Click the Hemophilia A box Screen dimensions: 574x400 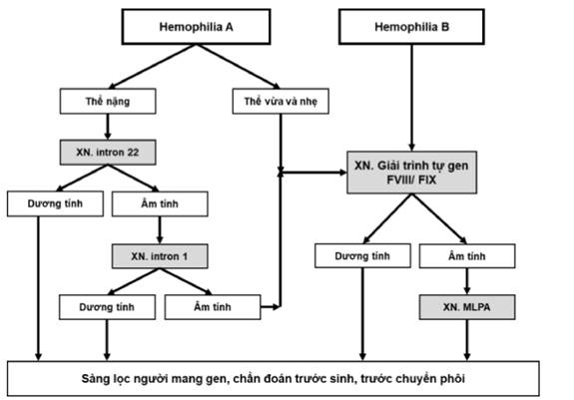[197, 27]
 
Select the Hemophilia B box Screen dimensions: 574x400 [411, 27]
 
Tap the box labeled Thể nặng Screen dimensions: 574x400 [108, 101]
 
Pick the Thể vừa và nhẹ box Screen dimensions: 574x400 [281, 101]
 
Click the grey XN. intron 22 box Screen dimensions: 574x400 [108, 152]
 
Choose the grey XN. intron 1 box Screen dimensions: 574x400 [160, 256]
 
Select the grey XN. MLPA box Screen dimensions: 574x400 [467, 307]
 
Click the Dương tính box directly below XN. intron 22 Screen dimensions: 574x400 [55, 203]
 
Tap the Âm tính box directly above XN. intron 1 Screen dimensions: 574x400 [160, 203]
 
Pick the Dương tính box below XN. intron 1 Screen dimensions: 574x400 [107, 307]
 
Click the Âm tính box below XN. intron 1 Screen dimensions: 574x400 [213, 307]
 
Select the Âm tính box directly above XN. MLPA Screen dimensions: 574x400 [467, 256]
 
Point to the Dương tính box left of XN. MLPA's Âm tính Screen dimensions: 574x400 [362, 256]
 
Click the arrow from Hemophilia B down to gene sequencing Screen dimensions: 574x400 [411, 98]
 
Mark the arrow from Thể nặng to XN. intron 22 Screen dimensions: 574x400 [108, 127]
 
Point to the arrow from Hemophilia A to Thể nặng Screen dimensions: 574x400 [152, 66]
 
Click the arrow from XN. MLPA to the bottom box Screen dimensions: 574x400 [467, 340]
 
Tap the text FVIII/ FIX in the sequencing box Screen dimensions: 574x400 [411, 180]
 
